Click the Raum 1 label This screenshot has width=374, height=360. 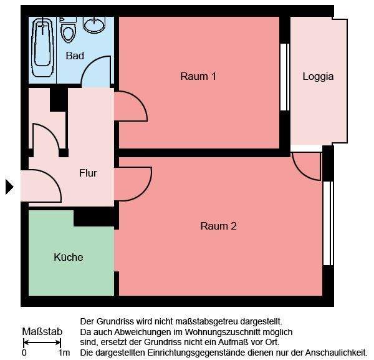point(198,77)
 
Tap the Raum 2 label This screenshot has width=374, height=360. point(218,226)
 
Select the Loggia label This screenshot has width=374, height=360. point(318,77)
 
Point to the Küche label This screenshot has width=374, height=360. point(69,257)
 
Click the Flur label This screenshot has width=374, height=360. point(88,173)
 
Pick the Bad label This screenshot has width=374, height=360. point(75,56)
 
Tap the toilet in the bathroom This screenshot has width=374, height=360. point(68,29)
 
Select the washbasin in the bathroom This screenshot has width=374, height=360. point(94,24)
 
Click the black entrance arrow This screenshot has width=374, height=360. point(9,187)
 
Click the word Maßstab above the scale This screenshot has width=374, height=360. point(42,331)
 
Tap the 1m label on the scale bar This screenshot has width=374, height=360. point(64,353)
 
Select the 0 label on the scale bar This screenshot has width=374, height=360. point(24,353)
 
